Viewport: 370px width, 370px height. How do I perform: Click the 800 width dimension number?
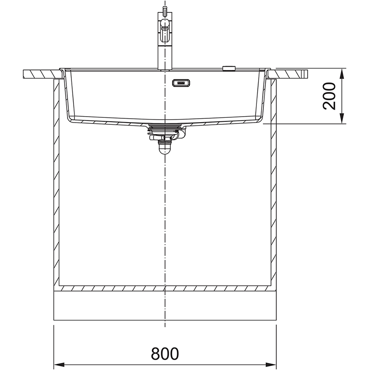click(165, 353)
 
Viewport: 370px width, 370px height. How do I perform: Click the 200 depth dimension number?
click(329, 96)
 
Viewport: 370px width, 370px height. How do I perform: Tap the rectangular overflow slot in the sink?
click(181, 83)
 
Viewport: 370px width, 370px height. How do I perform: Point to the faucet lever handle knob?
click(165, 24)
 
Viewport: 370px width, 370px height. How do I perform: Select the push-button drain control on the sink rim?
click(229, 68)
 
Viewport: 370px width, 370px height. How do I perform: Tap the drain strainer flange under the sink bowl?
click(165, 125)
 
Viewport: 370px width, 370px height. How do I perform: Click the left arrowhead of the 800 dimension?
click(59, 364)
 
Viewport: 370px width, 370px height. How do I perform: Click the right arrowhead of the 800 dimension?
click(271, 364)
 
